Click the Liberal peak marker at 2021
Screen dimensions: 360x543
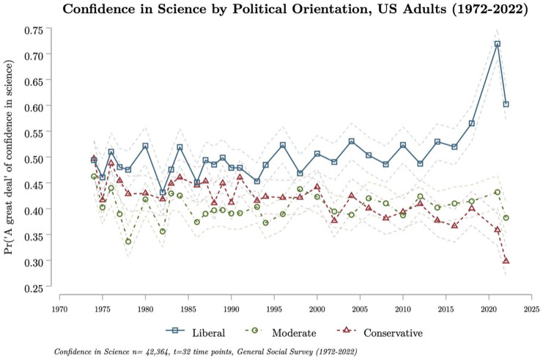498,44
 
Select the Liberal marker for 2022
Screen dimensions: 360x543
506,104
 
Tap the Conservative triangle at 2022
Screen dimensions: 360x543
506,260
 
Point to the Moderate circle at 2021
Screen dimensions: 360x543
498,192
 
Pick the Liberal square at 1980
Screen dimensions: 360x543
145,146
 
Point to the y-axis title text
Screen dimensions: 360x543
11,158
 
